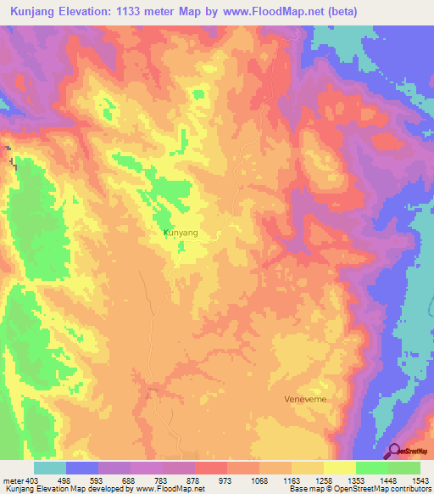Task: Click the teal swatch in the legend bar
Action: (50, 468)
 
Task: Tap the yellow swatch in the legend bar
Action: (340, 468)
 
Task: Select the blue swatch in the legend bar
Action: (82, 468)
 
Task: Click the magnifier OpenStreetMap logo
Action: (394, 451)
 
